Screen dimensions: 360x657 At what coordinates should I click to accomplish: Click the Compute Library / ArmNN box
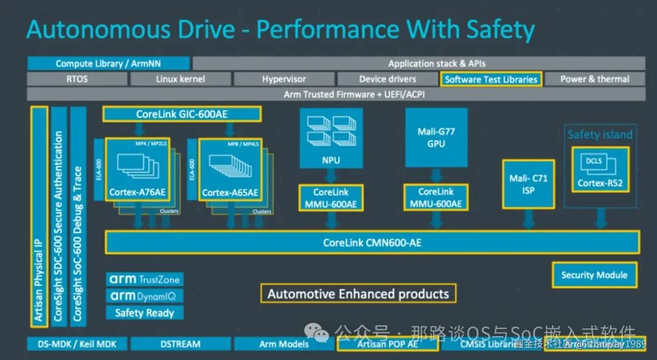click(108, 63)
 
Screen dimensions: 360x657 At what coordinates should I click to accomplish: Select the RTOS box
click(77, 79)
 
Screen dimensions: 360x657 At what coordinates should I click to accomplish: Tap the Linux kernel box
click(180, 79)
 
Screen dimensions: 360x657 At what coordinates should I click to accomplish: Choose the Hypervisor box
click(283, 79)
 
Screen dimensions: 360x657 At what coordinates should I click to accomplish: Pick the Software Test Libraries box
click(491, 79)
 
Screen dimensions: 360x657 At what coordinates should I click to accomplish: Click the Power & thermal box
click(594, 79)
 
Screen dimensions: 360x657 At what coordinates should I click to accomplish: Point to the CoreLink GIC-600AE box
click(182, 114)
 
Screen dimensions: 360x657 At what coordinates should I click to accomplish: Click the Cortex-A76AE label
click(137, 193)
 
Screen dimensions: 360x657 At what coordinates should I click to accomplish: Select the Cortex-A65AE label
click(230, 193)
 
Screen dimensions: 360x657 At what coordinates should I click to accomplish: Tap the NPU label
click(331, 161)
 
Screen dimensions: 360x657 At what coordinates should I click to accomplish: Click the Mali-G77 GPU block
click(436, 138)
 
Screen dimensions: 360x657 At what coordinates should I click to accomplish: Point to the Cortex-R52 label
click(600, 183)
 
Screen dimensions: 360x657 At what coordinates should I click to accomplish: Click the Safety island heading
click(600, 134)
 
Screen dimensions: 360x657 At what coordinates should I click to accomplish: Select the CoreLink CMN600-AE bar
click(372, 243)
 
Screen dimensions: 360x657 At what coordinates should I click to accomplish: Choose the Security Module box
click(594, 275)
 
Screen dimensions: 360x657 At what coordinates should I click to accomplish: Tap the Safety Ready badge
click(144, 313)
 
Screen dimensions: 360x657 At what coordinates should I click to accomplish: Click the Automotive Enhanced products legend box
click(358, 294)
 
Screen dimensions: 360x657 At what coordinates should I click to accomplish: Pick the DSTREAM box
click(180, 344)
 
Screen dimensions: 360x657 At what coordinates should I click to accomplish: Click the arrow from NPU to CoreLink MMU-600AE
click(331, 176)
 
